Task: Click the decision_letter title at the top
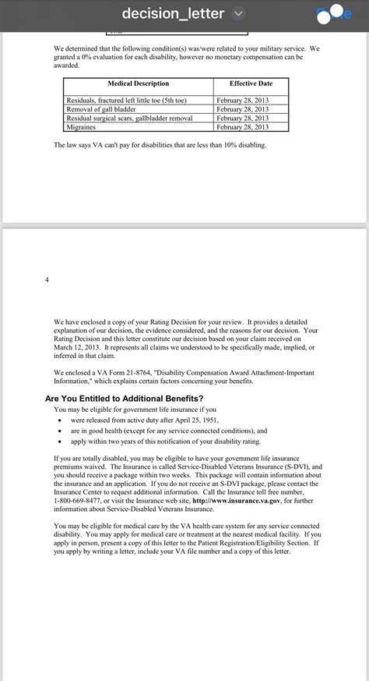(173, 13)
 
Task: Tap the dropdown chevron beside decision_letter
(238, 13)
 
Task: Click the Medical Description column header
(138, 83)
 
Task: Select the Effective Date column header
(251, 83)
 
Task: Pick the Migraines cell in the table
(81, 126)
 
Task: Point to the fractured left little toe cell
(127, 101)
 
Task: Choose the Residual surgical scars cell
(129, 118)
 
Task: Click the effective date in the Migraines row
(242, 126)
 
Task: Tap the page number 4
(47, 279)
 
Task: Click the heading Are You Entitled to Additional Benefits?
(124, 399)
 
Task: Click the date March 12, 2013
(78, 348)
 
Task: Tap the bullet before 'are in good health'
(60, 431)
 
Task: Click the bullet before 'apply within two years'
(60, 442)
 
